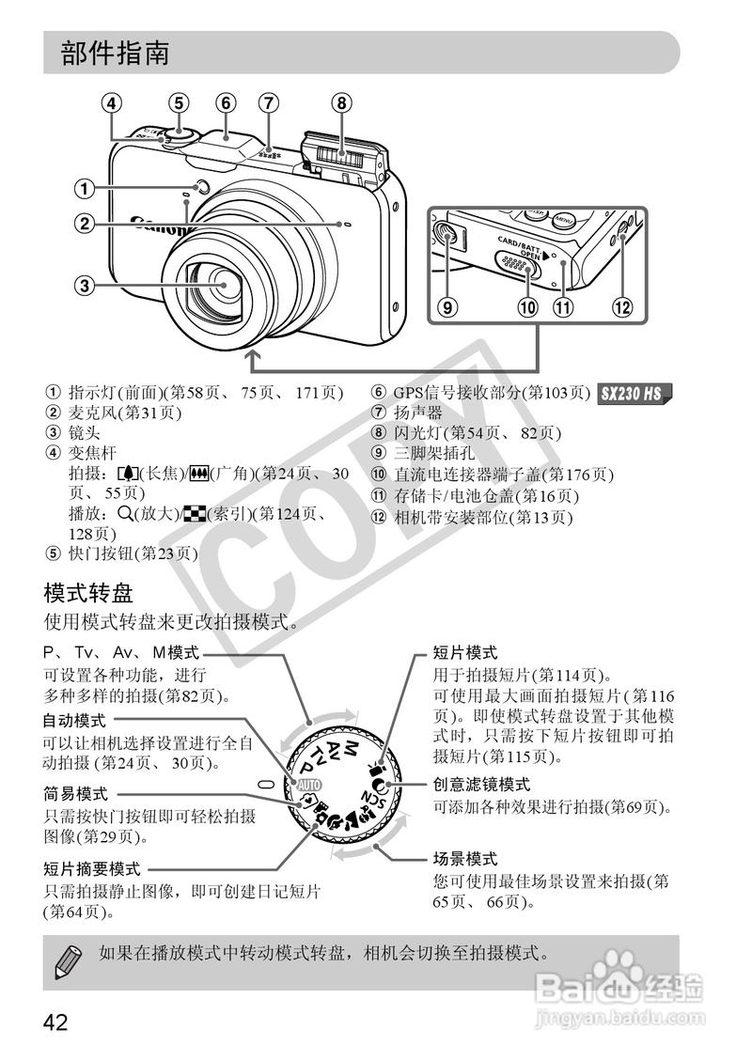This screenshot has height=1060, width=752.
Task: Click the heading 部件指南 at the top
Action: point(116,53)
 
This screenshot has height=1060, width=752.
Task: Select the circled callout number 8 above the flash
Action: point(341,102)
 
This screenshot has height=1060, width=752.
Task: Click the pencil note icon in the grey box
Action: point(67,960)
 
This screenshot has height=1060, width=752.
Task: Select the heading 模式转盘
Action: point(89,593)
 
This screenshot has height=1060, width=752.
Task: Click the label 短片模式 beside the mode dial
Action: point(464,652)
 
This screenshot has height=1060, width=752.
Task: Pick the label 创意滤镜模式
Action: point(481,784)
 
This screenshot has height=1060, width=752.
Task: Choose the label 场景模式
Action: point(464,859)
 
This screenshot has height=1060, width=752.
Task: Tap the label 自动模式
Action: point(74,721)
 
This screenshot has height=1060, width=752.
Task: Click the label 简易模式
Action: point(74,793)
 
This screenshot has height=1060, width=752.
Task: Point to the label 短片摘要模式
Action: point(90,868)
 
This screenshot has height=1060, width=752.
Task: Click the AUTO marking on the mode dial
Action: point(309,784)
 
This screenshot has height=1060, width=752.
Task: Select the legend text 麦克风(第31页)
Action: point(124,413)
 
